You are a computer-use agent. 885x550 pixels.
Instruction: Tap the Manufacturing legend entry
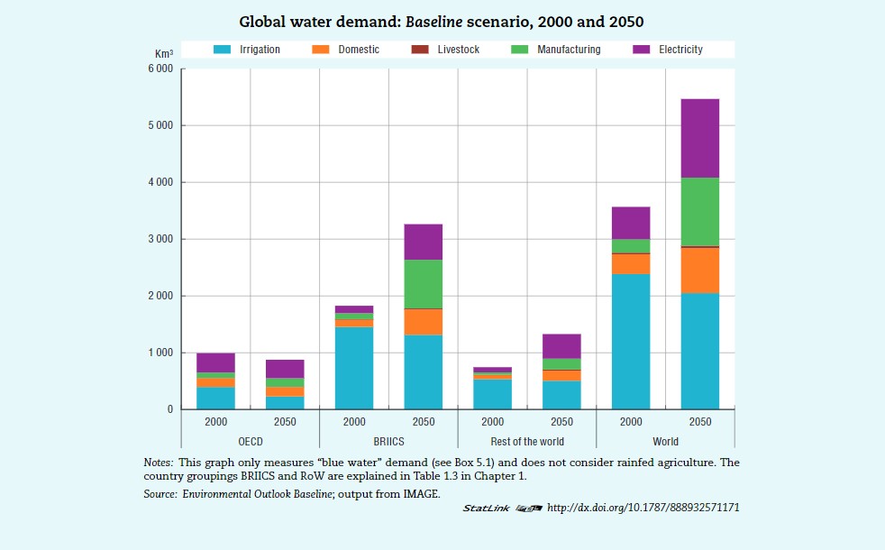tap(568, 50)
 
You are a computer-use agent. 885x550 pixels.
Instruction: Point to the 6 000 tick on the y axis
tap(161, 69)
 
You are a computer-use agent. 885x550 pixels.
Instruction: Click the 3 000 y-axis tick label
tap(161, 239)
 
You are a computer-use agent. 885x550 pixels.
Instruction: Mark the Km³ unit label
tap(164, 55)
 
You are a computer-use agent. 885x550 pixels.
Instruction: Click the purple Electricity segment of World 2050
tap(699, 138)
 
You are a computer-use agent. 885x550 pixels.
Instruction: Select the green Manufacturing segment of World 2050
tap(699, 212)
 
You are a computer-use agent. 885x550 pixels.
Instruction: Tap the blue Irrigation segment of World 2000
tap(631, 341)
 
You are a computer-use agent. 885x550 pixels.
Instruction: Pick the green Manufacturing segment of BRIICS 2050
tap(423, 284)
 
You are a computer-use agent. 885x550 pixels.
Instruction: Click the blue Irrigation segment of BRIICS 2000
tap(354, 368)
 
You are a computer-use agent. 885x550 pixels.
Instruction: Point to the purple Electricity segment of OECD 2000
tap(215, 362)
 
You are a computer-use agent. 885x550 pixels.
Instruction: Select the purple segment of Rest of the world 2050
tap(561, 346)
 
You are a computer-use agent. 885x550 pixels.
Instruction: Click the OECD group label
tap(250, 442)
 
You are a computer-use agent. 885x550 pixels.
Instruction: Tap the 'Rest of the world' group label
tap(527, 442)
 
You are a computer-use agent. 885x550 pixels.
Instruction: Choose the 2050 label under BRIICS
tap(423, 422)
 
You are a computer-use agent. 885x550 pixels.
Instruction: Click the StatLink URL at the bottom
tap(643, 508)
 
